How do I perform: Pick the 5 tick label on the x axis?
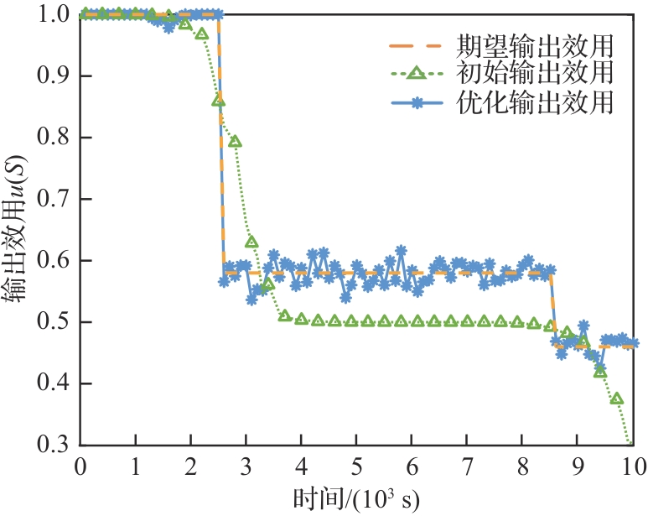click(x=356, y=465)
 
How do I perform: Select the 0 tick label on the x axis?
click(x=81, y=465)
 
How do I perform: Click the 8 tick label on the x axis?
click(x=521, y=465)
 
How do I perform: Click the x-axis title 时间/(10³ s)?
click(x=356, y=498)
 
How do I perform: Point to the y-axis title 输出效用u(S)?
click(x=18, y=230)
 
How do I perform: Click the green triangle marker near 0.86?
click(x=219, y=101)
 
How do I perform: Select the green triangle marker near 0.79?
click(x=236, y=142)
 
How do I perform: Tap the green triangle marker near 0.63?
click(x=251, y=242)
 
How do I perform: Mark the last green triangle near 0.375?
click(x=617, y=399)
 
